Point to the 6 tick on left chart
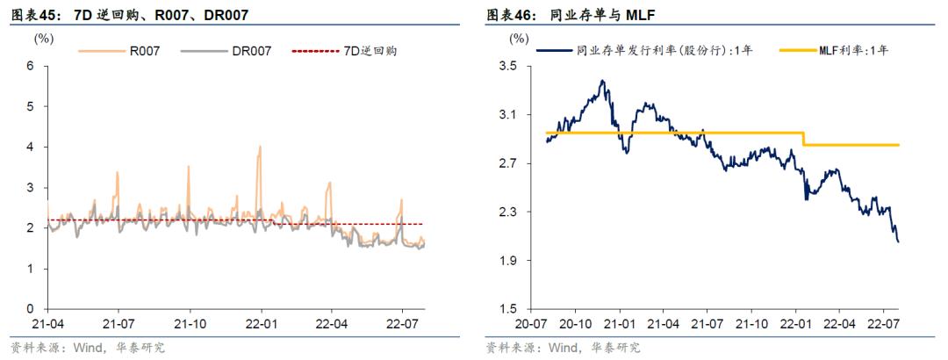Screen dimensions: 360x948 click(31, 66)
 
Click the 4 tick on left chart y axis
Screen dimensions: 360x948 click(31, 147)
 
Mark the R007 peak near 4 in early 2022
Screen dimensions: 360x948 click(260, 148)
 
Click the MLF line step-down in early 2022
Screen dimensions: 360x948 click(804, 139)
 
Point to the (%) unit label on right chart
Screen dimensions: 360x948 click(520, 39)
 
